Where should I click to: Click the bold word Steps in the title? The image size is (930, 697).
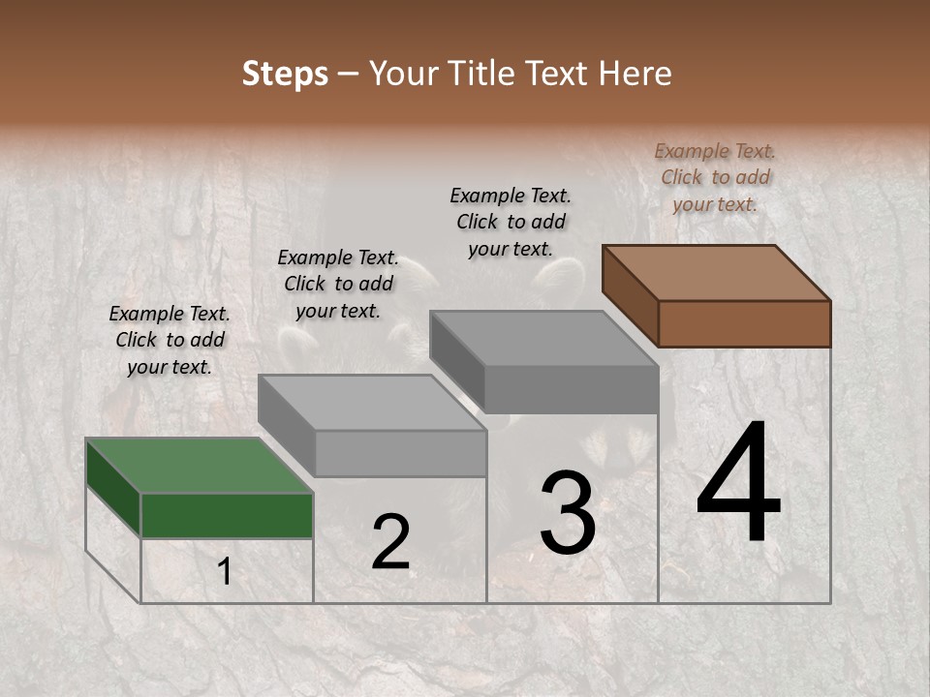(285, 74)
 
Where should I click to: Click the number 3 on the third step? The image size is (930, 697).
(567, 512)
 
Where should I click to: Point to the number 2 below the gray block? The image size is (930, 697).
(390, 541)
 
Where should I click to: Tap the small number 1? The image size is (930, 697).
(224, 572)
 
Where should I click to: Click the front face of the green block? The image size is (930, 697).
(227, 515)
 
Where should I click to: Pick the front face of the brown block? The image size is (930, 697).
(744, 323)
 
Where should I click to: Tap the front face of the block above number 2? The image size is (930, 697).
(400, 453)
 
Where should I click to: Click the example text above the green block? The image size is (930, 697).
(170, 340)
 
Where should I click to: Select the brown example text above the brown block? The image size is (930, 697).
(715, 177)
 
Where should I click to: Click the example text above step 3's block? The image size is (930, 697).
(511, 222)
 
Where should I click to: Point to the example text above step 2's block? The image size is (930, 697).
(338, 284)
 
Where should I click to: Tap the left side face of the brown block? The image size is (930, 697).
(630, 295)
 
